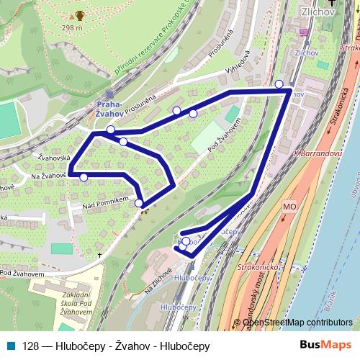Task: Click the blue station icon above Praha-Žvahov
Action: click(x=109, y=94)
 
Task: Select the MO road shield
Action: click(x=289, y=207)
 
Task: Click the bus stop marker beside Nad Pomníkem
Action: click(x=139, y=203)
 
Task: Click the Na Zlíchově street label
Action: click(x=158, y=279)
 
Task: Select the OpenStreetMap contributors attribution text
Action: click(x=297, y=322)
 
